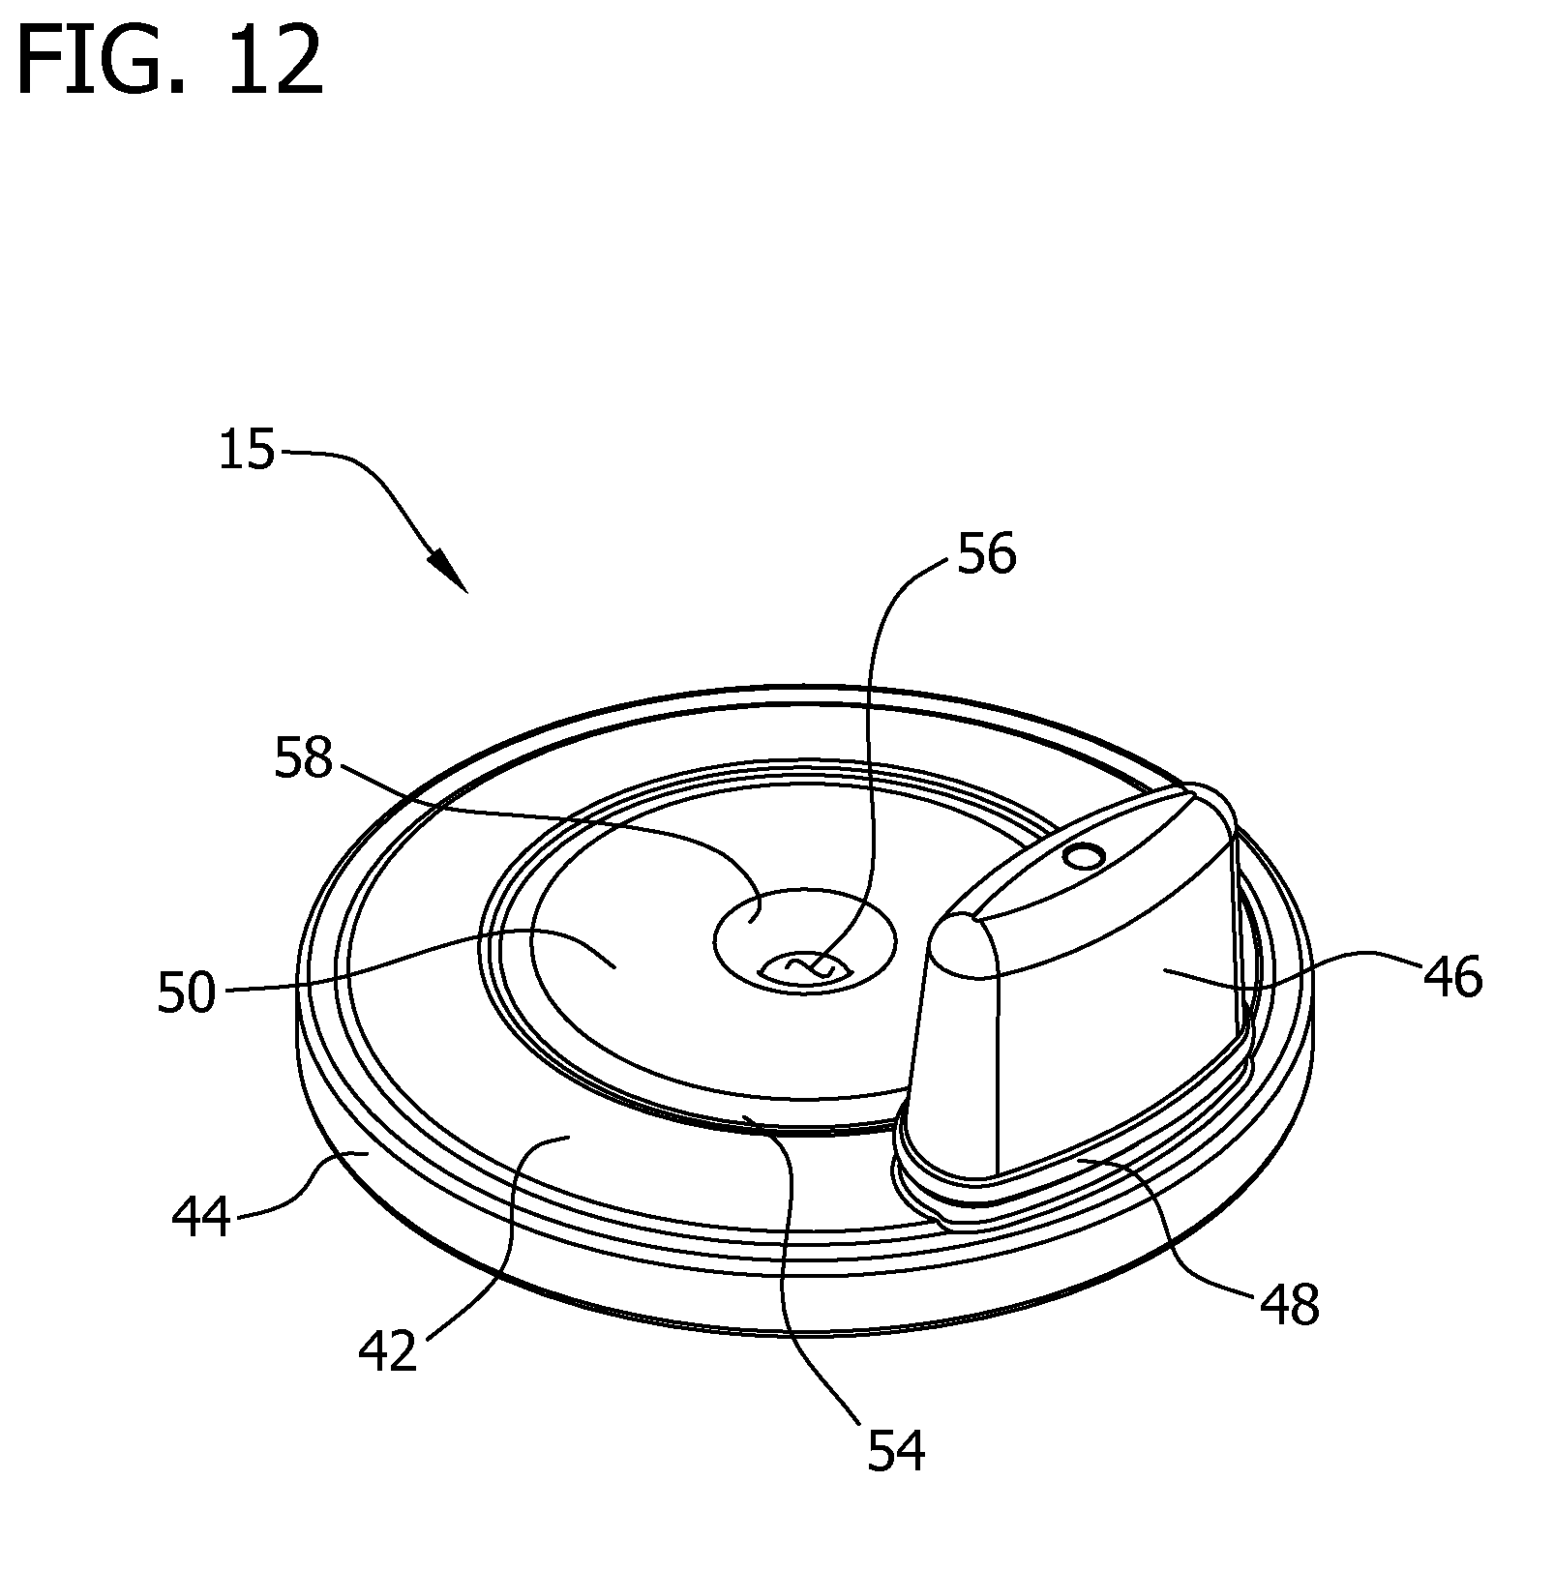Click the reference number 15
(x=247, y=451)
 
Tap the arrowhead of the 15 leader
(x=451, y=572)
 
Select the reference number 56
(x=986, y=555)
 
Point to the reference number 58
(x=303, y=758)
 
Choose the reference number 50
(x=187, y=992)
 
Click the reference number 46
(x=1451, y=977)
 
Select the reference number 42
(x=388, y=1352)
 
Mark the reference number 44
(x=202, y=1217)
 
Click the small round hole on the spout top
(x=1083, y=855)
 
